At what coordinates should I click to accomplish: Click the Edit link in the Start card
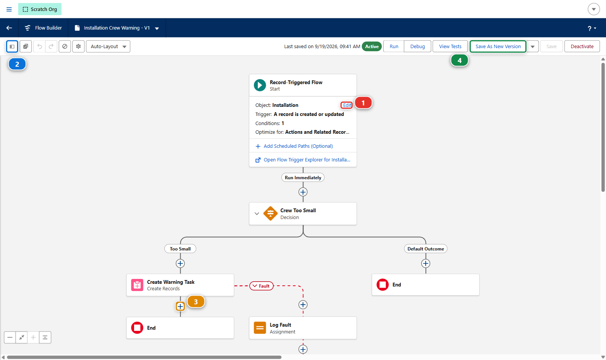pyautogui.click(x=347, y=105)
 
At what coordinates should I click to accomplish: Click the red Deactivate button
pyautogui.click(x=582, y=46)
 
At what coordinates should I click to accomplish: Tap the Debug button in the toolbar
pyautogui.click(x=417, y=46)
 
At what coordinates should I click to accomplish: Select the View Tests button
pyautogui.click(x=450, y=46)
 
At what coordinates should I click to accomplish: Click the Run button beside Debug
pyautogui.click(x=394, y=46)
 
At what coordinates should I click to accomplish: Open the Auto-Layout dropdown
pyautogui.click(x=108, y=46)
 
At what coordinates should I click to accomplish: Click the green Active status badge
pyautogui.click(x=372, y=46)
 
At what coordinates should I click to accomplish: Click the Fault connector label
pyautogui.click(x=261, y=286)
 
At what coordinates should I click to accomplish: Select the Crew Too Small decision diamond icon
pyautogui.click(x=270, y=214)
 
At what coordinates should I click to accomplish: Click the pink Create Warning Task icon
pyautogui.click(x=137, y=285)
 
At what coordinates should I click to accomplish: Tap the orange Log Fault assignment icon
pyautogui.click(x=260, y=328)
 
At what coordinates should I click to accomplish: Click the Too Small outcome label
pyautogui.click(x=180, y=249)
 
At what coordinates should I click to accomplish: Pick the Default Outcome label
pyautogui.click(x=426, y=249)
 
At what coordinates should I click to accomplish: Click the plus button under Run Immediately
pyautogui.click(x=303, y=192)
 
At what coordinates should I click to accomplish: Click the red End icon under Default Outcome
pyautogui.click(x=383, y=285)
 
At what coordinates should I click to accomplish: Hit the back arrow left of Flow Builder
pyautogui.click(x=9, y=28)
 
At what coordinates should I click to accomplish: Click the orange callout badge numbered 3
pyautogui.click(x=196, y=302)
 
